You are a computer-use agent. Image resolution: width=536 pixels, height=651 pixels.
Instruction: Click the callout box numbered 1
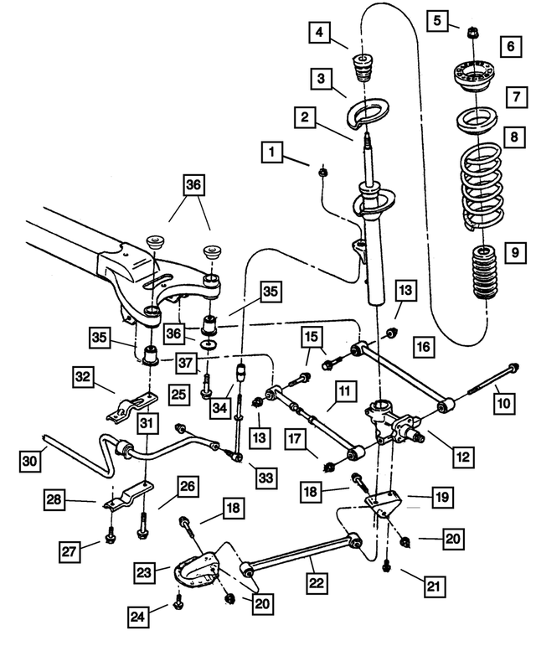click(271, 153)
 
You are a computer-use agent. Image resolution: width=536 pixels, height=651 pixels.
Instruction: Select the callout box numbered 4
click(319, 34)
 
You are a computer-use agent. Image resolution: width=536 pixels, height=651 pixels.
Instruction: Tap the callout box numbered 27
click(70, 550)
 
